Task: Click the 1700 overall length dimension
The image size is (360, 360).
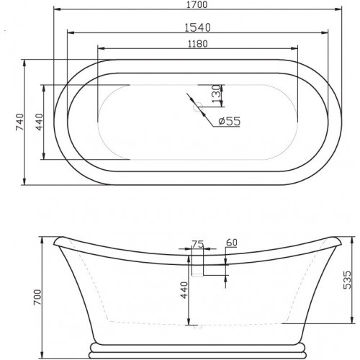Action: pyautogui.click(x=197, y=4)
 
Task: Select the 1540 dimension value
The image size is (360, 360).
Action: pyautogui.click(x=197, y=27)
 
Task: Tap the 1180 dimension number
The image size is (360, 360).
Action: pyautogui.click(x=197, y=44)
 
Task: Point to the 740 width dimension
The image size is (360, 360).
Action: pyautogui.click(x=19, y=122)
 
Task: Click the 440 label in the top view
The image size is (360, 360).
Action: pyautogui.click(x=40, y=122)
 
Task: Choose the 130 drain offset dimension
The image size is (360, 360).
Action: pyautogui.click(x=216, y=93)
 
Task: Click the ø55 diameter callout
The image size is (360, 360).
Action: pyautogui.click(x=230, y=121)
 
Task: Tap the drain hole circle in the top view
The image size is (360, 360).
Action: pyautogui.click(x=198, y=106)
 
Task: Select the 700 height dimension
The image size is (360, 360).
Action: pyautogui.click(x=37, y=297)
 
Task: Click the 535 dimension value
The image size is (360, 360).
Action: pyautogui.click(x=347, y=280)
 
